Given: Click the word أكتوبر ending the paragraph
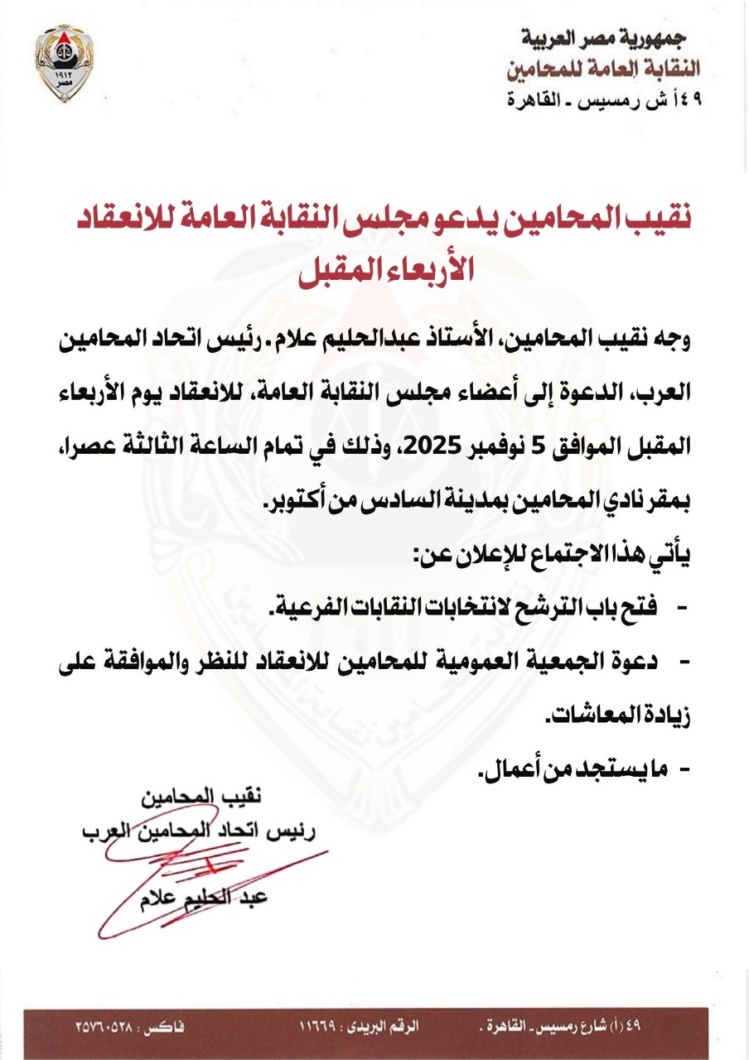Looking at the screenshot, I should coord(300,502).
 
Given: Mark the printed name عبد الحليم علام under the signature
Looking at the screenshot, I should coord(204,899).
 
